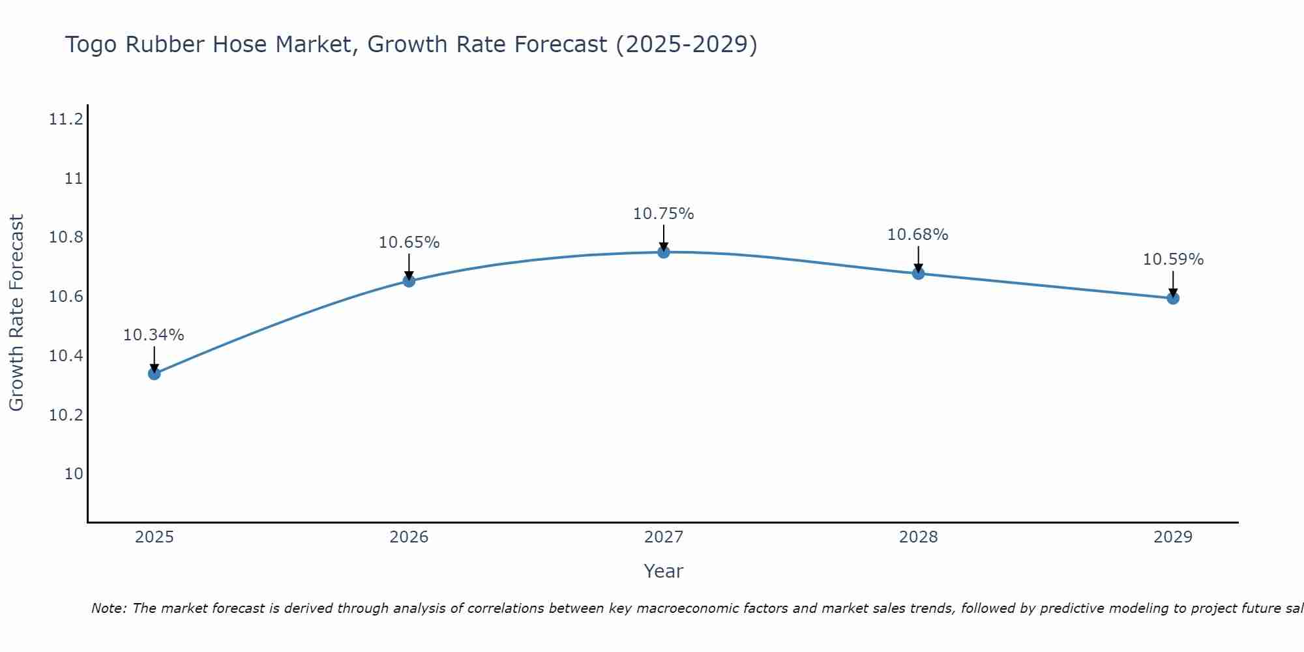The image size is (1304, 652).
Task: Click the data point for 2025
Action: (x=155, y=374)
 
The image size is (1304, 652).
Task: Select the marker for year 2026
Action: (x=409, y=281)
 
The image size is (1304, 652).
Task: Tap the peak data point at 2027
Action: (x=664, y=252)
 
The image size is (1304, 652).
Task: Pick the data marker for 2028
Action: (x=918, y=273)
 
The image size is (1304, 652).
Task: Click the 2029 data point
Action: (x=1173, y=298)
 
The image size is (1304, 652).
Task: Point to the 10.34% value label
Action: (x=154, y=335)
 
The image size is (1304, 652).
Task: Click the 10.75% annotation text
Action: (x=664, y=214)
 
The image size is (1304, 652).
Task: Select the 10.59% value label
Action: (x=1173, y=259)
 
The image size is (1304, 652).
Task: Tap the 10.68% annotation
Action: (x=918, y=235)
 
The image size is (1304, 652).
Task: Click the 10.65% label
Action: (x=409, y=243)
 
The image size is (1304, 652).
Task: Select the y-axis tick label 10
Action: (x=74, y=474)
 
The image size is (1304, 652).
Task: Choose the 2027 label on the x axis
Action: (x=664, y=537)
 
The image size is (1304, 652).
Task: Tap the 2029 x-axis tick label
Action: (x=1173, y=537)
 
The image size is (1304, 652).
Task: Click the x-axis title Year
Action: (x=664, y=571)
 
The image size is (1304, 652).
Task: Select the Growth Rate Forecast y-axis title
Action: (x=16, y=313)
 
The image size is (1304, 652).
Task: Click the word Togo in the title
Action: (x=92, y=45)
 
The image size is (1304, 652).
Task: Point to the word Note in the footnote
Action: (x=108, y=608)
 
